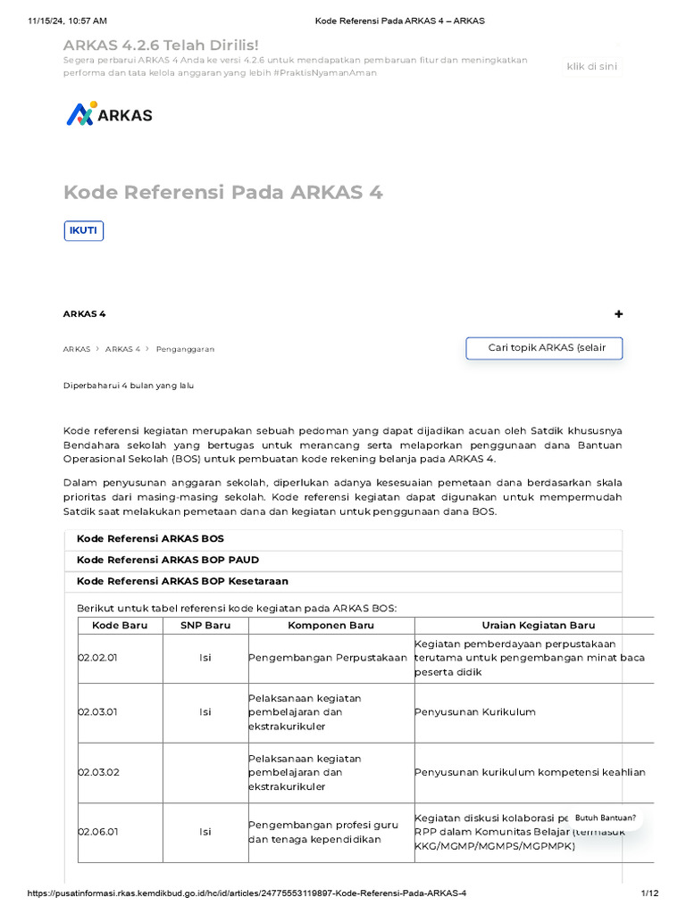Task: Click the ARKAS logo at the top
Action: (109, 114)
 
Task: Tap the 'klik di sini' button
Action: (591, 66)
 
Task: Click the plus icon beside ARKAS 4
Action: (619, 314)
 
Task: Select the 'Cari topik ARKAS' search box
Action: (544, 348)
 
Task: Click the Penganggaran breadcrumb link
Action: (185, 349)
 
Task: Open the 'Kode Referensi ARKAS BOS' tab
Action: (150, 539)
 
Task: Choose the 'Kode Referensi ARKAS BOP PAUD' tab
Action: (168, 561)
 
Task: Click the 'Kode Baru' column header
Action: (120, 626)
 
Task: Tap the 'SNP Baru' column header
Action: (205, 626)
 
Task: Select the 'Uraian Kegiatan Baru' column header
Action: (538, 626)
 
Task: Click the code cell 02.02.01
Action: (98, 658)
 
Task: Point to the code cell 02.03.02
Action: (98, 772)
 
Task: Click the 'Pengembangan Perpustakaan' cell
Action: (328, 658)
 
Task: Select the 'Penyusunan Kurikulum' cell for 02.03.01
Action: (474, 712)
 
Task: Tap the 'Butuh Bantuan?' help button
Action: (605, 818)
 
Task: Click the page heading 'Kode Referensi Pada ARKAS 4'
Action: (223, 192)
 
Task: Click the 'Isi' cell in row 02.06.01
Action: (205, 832)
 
